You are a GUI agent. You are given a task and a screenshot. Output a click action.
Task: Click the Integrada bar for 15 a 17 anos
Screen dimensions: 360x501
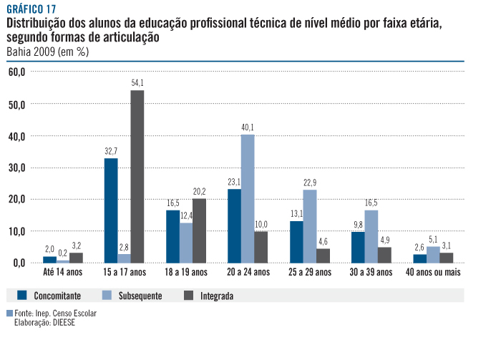point(137,176)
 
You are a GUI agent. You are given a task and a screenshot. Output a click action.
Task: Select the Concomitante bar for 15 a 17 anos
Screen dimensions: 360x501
point(111,210)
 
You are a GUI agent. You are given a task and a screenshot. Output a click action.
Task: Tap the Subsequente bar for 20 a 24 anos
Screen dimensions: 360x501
point(248,198)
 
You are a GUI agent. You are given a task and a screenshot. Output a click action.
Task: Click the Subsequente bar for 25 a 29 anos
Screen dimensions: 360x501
point(309,226)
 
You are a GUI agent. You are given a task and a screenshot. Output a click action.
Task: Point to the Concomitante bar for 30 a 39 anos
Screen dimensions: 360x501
point(358,247)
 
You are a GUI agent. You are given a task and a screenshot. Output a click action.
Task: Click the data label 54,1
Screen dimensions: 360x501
point(137,83)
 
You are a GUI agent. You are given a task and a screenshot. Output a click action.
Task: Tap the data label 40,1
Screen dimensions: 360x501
point(248,127)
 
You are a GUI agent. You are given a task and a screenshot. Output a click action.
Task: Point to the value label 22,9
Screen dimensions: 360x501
point(309,183)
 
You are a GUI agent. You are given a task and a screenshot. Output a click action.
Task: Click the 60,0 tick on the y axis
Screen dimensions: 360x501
point(17,72)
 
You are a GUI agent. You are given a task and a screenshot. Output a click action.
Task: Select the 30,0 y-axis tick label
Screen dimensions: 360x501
point(17,167)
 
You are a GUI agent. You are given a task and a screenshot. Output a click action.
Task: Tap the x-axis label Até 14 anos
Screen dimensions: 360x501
point(62,273)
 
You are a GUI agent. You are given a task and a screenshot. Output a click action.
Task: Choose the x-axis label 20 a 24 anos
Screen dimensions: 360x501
point(247,273)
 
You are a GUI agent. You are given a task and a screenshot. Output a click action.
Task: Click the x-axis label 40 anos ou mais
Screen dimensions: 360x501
point(432,273)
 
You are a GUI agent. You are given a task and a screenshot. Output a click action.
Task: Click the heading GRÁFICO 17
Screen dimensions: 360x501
point(31,9)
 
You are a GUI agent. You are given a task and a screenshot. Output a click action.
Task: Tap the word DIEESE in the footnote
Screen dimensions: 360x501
point(62,322)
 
